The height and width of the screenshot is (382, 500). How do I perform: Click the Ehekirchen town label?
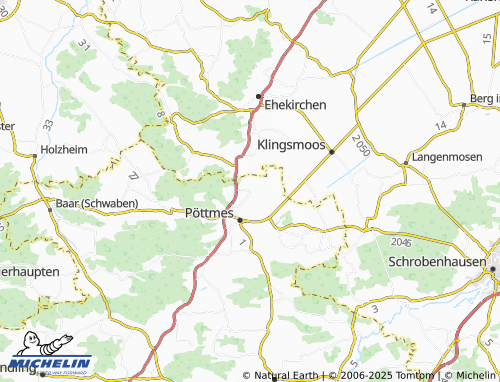295,103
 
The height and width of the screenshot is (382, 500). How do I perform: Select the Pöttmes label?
209,212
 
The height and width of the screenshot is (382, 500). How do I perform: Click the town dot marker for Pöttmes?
240,220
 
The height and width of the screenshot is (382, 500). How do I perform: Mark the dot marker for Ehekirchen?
262,94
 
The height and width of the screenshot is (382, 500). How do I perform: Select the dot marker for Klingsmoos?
331,152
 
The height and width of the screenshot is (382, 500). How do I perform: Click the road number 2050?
361,145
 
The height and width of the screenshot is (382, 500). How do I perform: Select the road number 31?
83,45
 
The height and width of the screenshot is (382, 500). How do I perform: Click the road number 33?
48,125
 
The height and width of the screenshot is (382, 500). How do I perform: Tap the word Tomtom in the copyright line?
419,375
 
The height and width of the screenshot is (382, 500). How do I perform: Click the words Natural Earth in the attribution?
288,375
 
